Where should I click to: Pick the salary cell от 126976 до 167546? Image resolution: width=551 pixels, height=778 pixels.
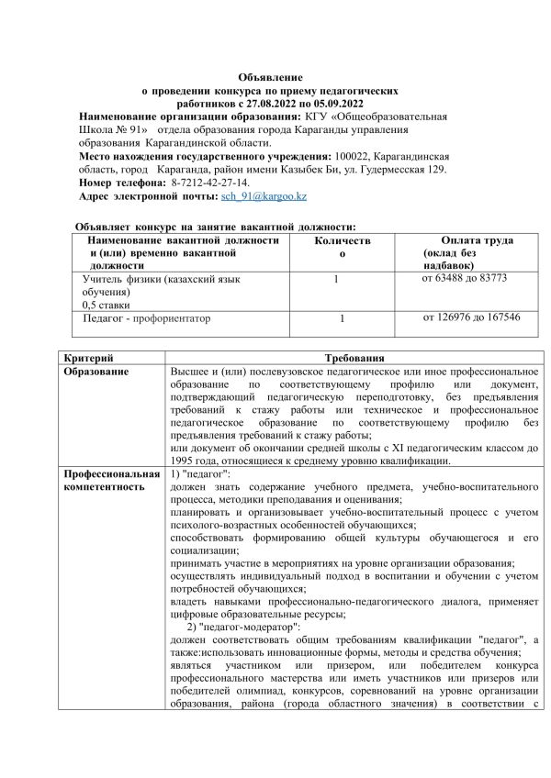coord(471,317)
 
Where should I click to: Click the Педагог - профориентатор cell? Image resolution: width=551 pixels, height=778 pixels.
coord(147,319)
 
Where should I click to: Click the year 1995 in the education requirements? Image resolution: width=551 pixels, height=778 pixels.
coord(185,461)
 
